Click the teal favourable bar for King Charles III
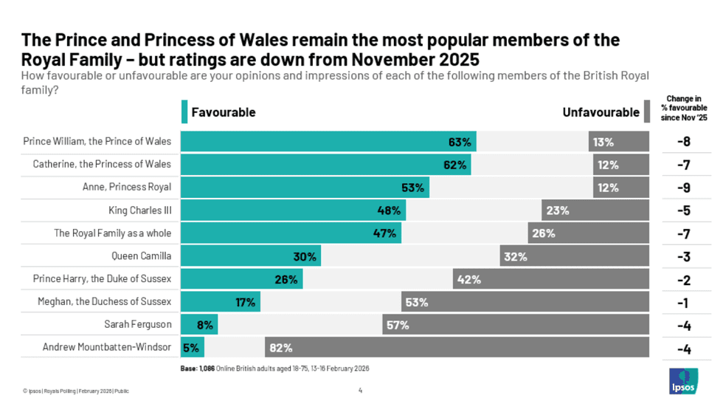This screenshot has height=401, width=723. coord(292,210)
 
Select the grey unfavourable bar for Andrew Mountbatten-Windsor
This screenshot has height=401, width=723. coord(457,347)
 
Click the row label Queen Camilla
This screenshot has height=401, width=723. coord(139,256)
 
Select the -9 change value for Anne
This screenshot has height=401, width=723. coord(683,188)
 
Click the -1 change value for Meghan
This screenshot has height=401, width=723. coord(683,302)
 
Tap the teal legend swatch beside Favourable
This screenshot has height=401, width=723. coord(184,112)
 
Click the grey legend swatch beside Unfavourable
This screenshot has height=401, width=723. coord(646,112)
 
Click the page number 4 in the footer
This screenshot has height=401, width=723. coord(360,390)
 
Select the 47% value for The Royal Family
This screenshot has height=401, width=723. coord(388,233)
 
